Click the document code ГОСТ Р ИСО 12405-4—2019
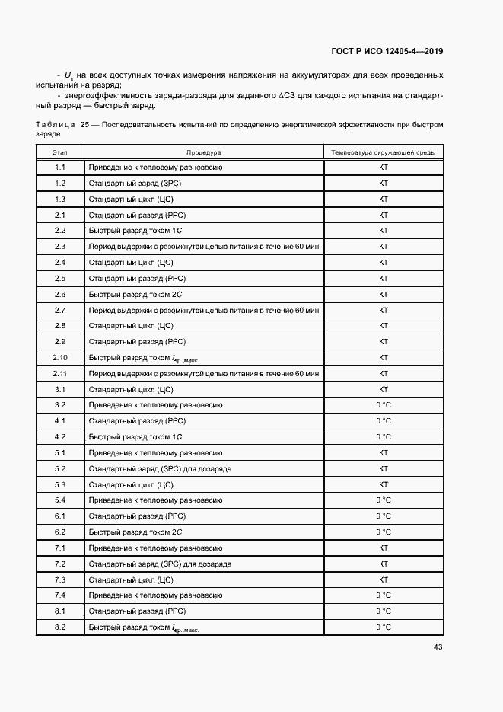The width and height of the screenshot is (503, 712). [387, 52]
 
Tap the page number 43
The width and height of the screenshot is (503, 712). [438, 647]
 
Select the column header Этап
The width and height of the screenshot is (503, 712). [60, 152]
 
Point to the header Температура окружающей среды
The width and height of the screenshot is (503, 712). [384, 152]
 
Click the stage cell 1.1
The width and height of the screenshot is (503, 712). [60, 168]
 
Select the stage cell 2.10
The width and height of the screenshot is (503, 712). [60, 358]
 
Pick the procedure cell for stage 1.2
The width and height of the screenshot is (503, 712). [135, 184]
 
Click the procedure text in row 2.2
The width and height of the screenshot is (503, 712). [135, 231]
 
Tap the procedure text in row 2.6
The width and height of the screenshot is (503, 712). [135, 294]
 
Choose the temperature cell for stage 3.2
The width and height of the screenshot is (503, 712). [384, 405]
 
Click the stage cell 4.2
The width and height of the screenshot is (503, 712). [60, 437]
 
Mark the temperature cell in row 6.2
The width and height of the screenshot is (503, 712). [384, 532]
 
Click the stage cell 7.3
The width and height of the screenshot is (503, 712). [60, 579]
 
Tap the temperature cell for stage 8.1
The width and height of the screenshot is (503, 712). [384, 611]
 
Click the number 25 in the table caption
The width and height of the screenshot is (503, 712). [85, 123]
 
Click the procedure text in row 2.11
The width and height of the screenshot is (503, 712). [204, 374]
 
